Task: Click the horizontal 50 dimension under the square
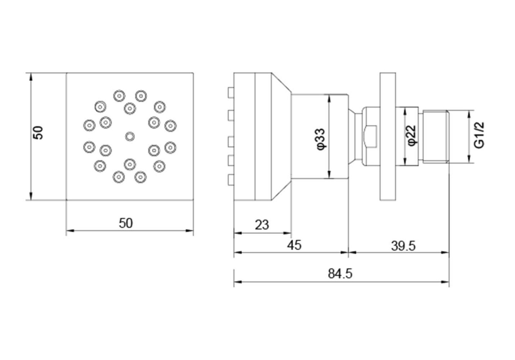pyautogui.click(x=126, y=223)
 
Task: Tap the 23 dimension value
pyautogui.click(x=262, y=225)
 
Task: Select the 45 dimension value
pyautogui.click(x=294, y=245)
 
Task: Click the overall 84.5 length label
pyautogui.click(x=340, y=274)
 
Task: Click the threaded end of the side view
pyautogui.click(x=435, y=136)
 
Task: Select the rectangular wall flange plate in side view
pyautogui.click(x=388, y=136)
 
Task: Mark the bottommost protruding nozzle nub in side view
pyautogui.click(x=230, y=180)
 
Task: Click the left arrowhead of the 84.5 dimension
pyautogui.click(x=236, y=281)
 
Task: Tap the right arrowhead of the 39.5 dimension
pyautogui.click(x=446, y=252)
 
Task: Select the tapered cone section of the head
pyautogui.click(x=281, y=136)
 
